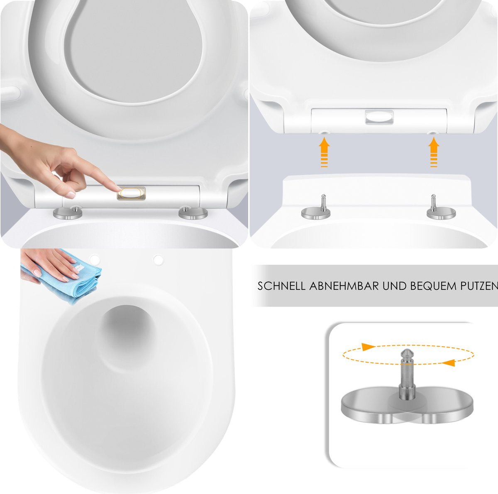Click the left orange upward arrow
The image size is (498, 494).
[x=324, y=152]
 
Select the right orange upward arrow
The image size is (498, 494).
[x=434, y=152]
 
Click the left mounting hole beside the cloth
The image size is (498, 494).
[x=95, y=259]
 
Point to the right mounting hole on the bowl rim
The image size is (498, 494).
[x=159, y=260]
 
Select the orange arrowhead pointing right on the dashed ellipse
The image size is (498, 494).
[x=368, y=347]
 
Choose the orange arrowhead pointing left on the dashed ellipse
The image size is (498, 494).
[x=448, y=362]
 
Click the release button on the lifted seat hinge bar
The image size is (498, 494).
[x=379, y=117]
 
